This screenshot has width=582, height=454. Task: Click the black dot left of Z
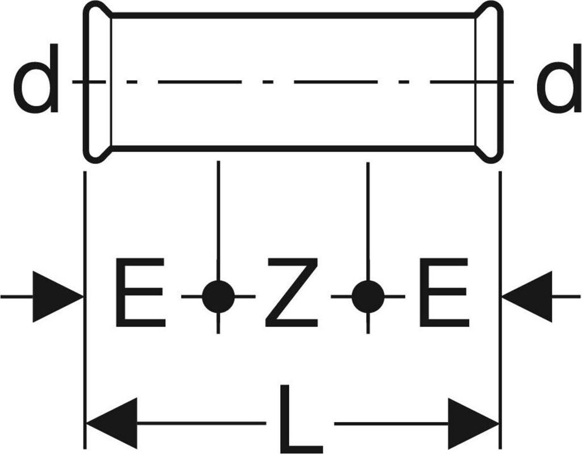pyautogui.click(x=218, y=297)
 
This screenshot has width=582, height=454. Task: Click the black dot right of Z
pyautogui.click(x=368, y=297)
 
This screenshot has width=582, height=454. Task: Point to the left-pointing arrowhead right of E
pyautogui.click(x=527, y=297)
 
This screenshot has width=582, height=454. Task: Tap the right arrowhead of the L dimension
pyautogui.click(x=472, y=423)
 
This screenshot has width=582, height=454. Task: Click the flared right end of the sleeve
pyautogui.click(x=489, y=82)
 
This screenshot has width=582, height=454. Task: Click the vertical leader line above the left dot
pyautogui.click(x=218, y=222)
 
